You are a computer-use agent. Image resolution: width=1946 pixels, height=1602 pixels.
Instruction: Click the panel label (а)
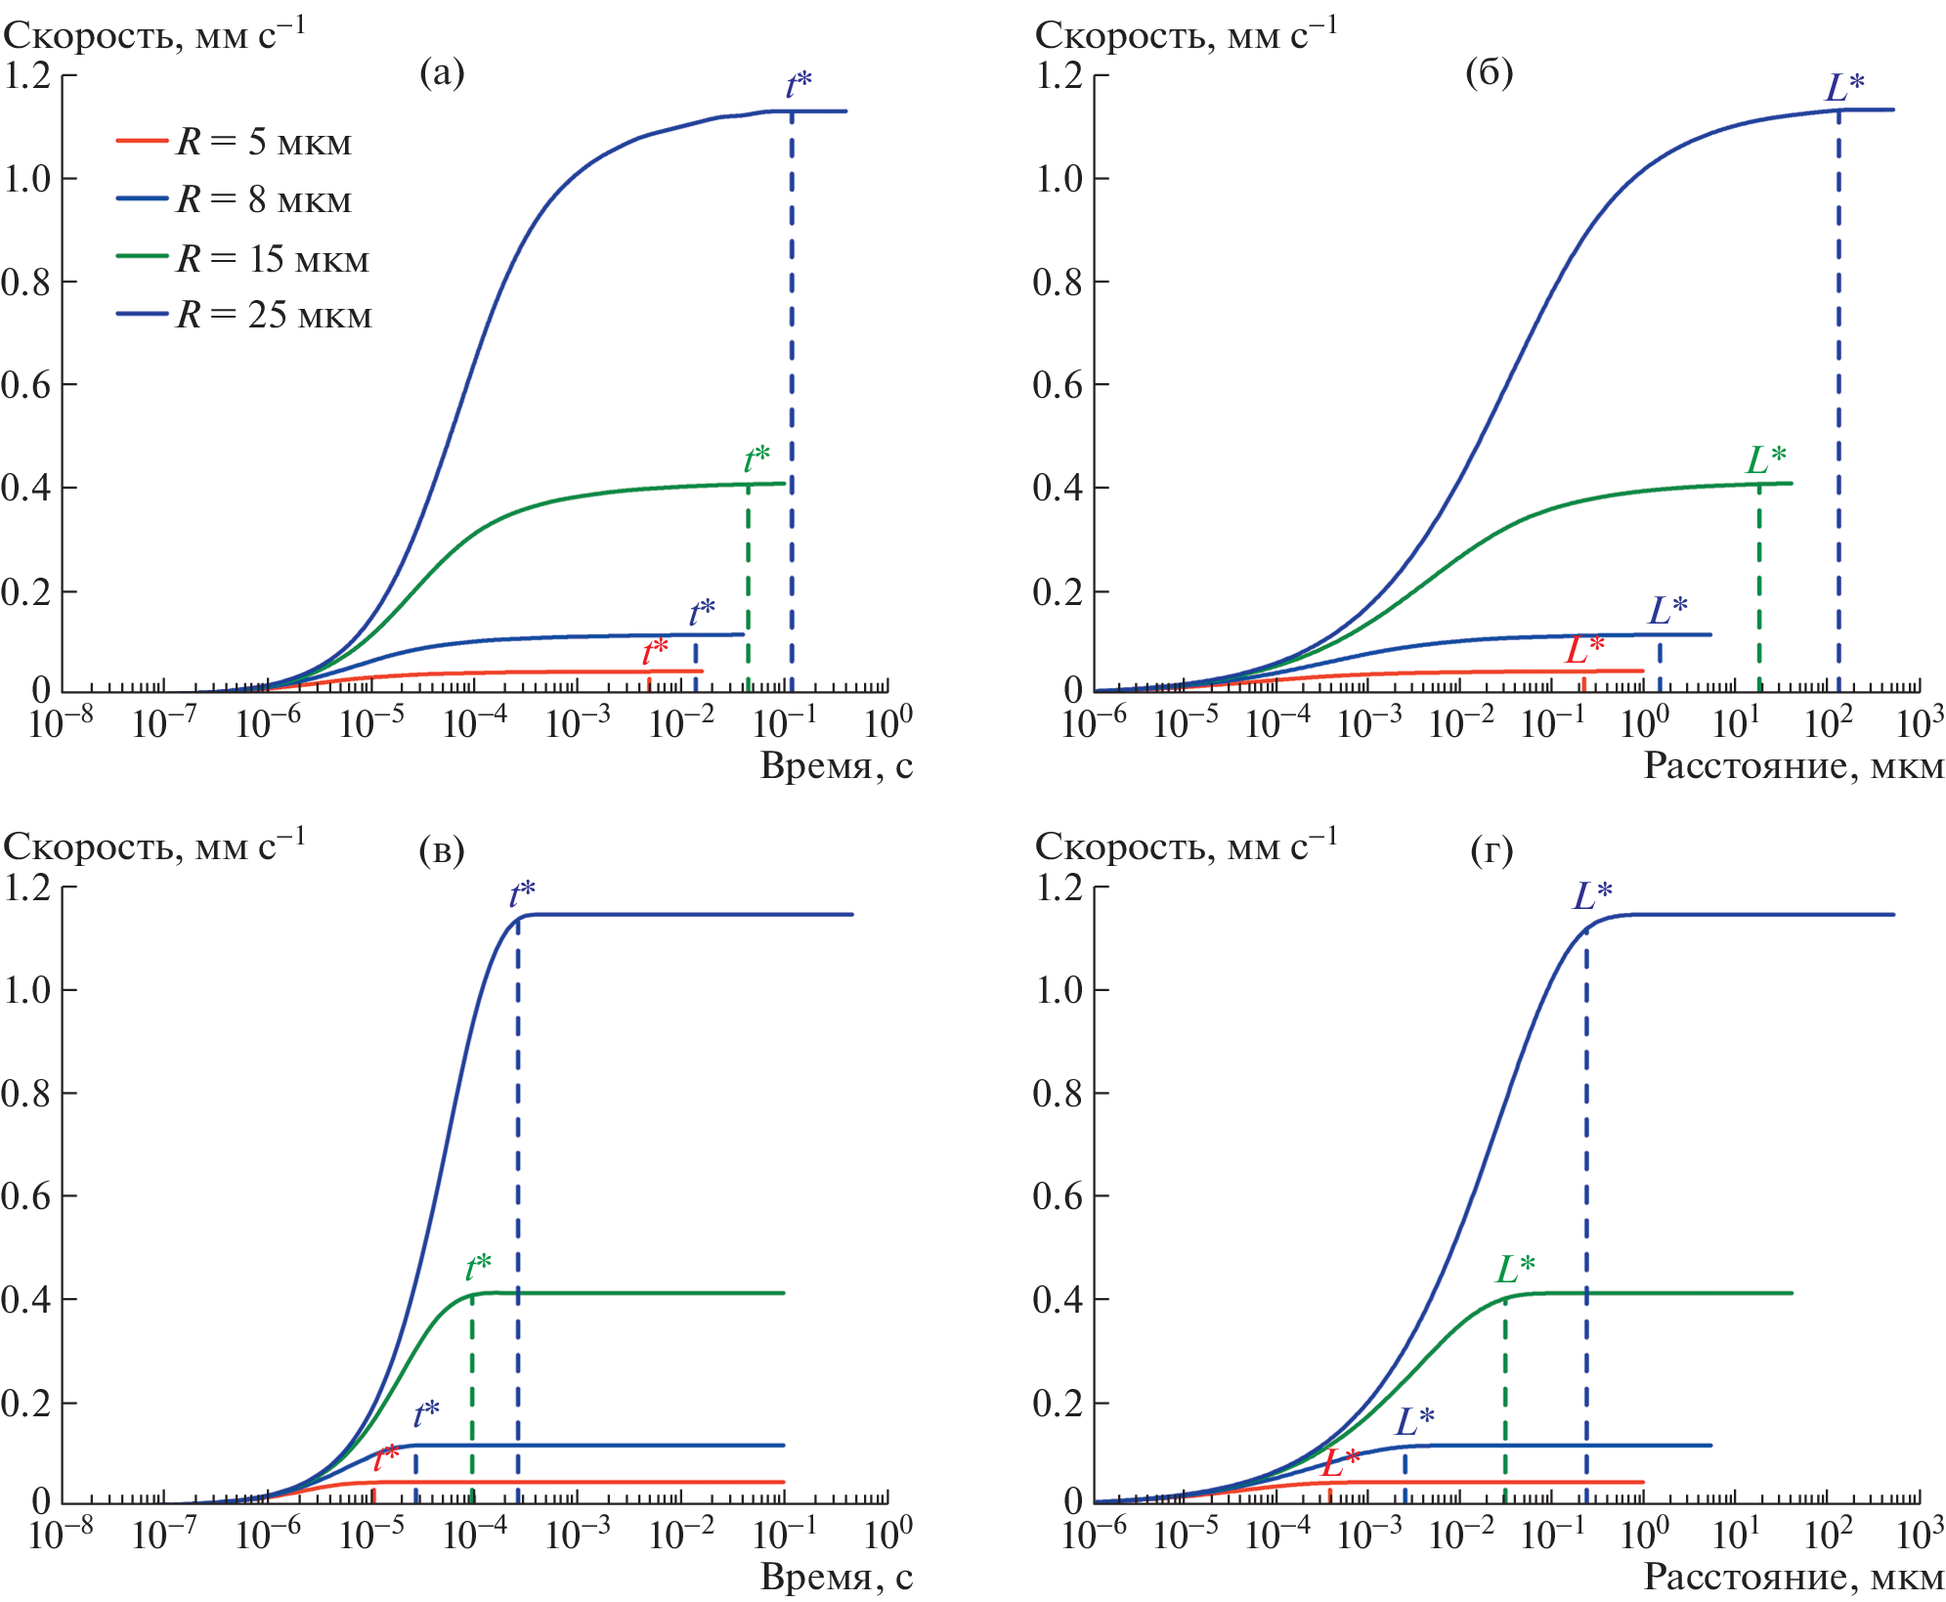(x=442, y=72)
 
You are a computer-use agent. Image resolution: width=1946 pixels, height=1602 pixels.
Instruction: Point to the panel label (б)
(x=1489, y=72)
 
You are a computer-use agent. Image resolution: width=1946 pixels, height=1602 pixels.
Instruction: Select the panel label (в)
(x=442, y=850)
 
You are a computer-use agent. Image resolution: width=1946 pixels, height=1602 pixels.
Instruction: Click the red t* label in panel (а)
(x=655, y=651)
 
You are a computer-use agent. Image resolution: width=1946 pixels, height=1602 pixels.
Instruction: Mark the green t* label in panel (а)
(x=757, y=457)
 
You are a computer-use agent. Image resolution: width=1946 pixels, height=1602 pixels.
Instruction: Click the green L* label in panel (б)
(x=1766, y=459)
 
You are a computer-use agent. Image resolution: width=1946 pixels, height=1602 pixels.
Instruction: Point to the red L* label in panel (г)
(x=1340, y=1462)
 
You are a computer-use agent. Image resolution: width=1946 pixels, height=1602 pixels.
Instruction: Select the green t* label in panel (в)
(x=478, y=1268)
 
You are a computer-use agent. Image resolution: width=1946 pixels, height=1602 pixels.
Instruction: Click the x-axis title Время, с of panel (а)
(x=837, y=765)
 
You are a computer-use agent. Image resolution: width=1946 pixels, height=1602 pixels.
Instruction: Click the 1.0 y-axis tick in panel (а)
(x=27, y=179)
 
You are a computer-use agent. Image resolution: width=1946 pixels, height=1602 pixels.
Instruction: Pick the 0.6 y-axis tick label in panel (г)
(x=1059, y=1196)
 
